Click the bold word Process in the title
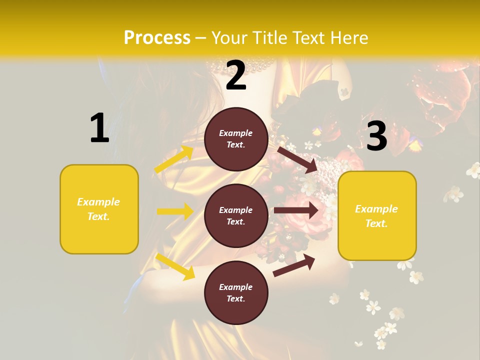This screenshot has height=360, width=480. click(x=157, y=38)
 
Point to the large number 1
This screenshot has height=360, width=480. click(x=99, y=128)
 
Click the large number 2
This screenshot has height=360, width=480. click(x=236, y=75)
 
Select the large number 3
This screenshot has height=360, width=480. click(x=376, y=136)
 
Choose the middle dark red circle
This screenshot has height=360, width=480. click(x=236, y=215)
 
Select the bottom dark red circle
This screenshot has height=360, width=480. click(x=236, y=292)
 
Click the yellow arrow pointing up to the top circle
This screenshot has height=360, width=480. click(x=174, y=159)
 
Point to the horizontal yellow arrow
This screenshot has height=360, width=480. click(x=175, y=211)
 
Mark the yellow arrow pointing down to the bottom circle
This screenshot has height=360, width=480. click(x=175, y=266)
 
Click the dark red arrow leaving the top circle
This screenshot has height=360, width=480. click(x=298, y=160)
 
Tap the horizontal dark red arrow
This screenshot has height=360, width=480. click(x=296, y=210)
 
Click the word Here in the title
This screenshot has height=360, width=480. click(x=348, y=38)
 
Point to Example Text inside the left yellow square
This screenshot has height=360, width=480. click(x=98, y=209)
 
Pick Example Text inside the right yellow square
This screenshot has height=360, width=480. click(x=376, y=216)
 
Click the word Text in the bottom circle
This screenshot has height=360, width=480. click(x=235, y=299)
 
